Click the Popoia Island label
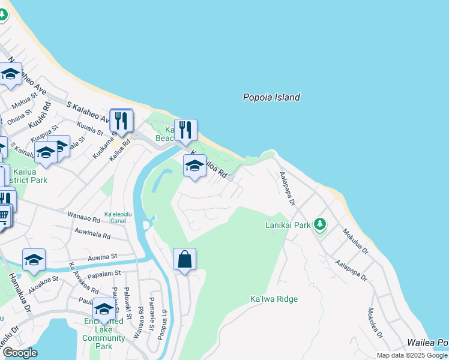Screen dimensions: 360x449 tap(271, 97)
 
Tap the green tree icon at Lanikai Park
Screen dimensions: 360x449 tap(320, 224)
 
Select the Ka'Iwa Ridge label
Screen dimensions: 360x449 tap(274, 299)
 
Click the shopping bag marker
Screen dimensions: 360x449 tap(184, 260)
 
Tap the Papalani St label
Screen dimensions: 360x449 tap(105, 274)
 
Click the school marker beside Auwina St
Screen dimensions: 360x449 tap(34, 260)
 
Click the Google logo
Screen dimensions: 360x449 tap(20, 353)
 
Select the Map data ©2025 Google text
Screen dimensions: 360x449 tap(411, 355)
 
